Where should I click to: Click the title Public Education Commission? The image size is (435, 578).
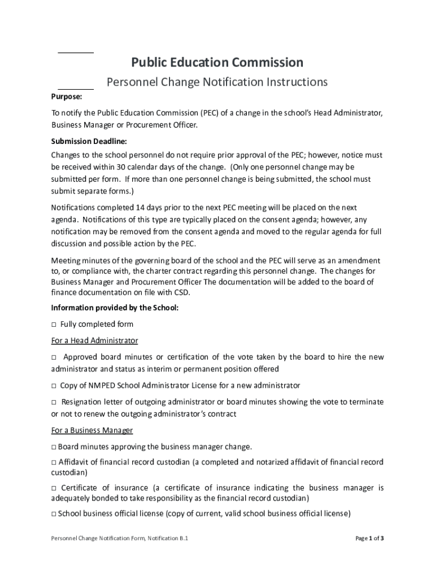click(x=217, y=62)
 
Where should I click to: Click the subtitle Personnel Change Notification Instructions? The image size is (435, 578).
click(x=217, y=82)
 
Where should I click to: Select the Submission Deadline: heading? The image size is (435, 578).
click(x=89, y=141)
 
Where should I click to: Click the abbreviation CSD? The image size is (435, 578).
click(x=182, y=292)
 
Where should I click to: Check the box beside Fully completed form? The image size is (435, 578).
click(x=54, y=325)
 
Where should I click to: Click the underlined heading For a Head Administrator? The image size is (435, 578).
click(x=94, y=341)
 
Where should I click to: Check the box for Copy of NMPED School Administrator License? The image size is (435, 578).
click(x=54, y=386)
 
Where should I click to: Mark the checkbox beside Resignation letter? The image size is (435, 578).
click(x=54, y=402)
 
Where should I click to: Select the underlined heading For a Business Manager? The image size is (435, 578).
click(x=92, y=431)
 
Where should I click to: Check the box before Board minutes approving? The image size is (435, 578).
click(x=54, y=447)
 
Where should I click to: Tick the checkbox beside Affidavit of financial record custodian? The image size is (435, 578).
click(x=54, y=462)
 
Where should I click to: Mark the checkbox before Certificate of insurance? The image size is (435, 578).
click(x=54, y=488)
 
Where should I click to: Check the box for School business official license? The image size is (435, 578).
click(x=54, y=514)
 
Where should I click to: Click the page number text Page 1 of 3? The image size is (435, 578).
click(x=369, y=538)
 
